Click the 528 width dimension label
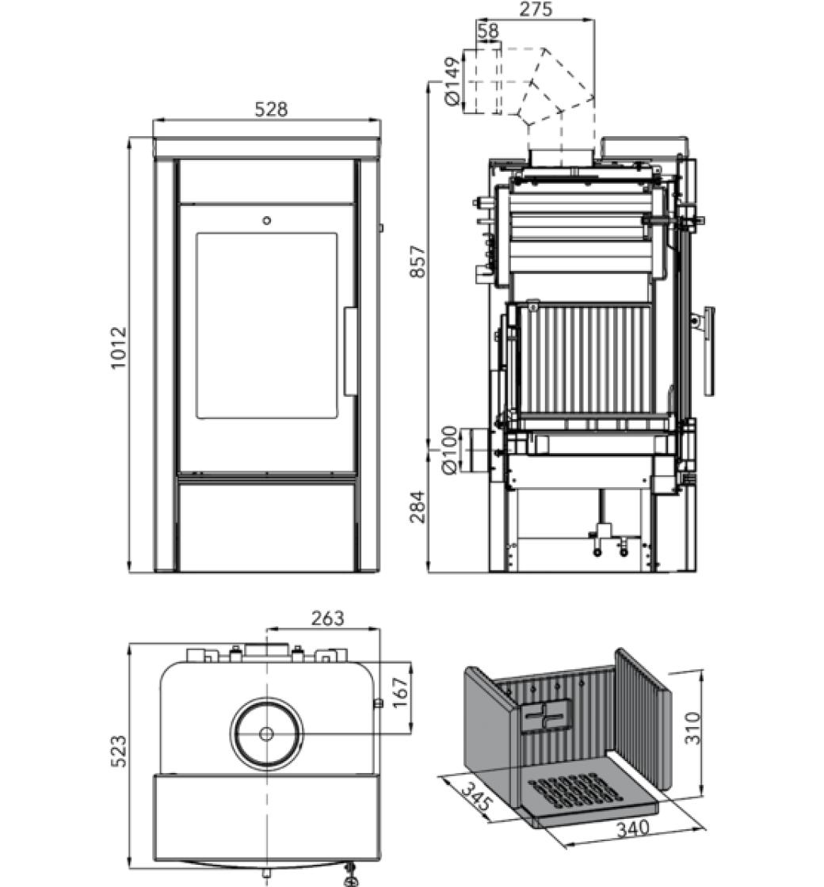point(271,109)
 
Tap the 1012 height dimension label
point(118,348)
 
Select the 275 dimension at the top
point(536,10)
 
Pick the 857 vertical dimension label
point(418,261)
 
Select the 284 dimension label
point(418,507)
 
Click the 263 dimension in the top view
point(327,619)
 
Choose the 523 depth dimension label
point(117,751)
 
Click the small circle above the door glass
point(266,220)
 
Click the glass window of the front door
point(266,325)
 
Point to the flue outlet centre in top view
point(266,734)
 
